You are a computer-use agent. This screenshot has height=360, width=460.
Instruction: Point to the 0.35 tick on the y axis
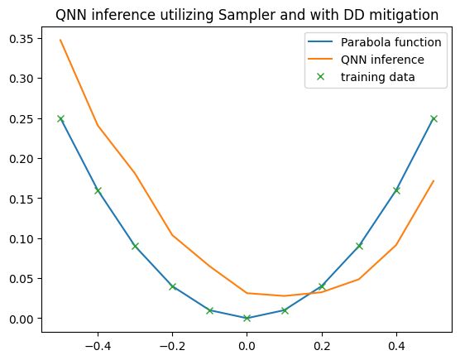[x=21, y=39]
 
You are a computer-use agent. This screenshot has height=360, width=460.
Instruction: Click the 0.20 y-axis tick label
[x=21, y=159]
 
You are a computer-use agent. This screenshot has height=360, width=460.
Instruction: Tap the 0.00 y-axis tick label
[x=21, y=319]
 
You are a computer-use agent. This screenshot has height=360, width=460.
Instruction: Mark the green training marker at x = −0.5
[x=60, y=118]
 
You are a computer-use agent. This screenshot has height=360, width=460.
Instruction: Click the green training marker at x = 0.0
[x=247, y=318]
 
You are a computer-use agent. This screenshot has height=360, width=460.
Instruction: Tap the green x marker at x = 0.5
[x=434, y=118]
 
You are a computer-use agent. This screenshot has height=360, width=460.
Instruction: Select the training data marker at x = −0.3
[x=135, y=246]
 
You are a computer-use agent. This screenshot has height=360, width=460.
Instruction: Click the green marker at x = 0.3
[x=359, y=246]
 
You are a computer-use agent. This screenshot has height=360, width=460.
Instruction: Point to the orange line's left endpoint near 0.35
[x=60, y=40]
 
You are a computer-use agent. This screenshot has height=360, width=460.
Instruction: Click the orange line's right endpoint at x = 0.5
[x=434, y=181]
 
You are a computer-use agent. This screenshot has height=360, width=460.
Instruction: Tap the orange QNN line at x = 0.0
[x=247, y=293]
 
